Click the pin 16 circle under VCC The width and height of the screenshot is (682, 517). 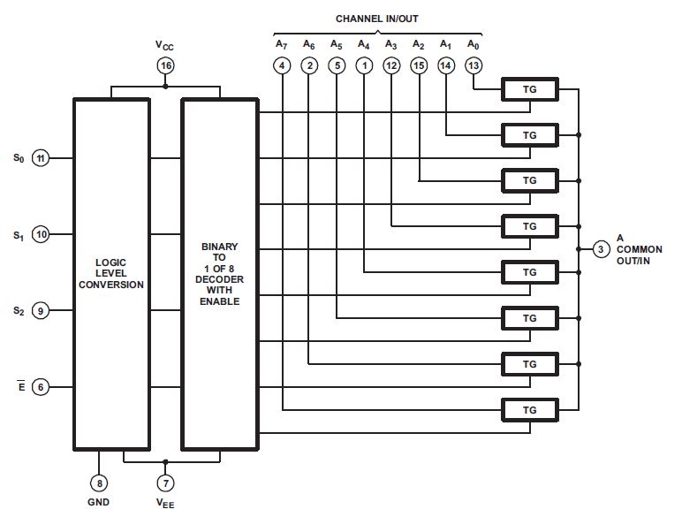click(165, 65)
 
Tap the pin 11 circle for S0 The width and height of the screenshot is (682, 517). click(41, 158)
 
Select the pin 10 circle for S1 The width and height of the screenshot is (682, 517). click(41, 235)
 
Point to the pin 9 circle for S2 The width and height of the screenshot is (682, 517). click(41, 310)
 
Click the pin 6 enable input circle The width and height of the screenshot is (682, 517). click(41, 386)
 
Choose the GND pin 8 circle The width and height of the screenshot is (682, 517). click(99, 483)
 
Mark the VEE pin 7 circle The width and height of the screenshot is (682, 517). click(165, 483)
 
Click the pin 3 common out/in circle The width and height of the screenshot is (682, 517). click(601, 250)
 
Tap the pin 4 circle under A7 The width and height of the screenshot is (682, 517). click(282, 65)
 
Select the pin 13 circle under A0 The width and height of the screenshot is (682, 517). click(474, 65)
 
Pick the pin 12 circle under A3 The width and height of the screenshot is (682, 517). click(391, 65)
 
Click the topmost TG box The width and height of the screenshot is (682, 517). click(530, 88)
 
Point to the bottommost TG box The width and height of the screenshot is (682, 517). click(530, 410)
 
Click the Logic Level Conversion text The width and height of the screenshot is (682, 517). click(111, 273)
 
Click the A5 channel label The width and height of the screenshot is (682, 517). click(336, 43)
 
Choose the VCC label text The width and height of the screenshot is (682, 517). click(164, 43)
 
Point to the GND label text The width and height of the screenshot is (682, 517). click(99, 504)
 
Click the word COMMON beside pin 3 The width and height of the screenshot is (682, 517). click(639, 250)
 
